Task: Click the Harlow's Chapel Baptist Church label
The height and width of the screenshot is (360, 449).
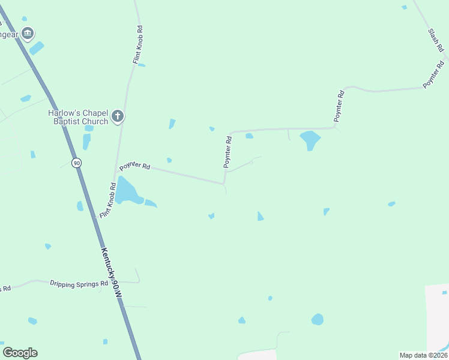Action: pos(78,117)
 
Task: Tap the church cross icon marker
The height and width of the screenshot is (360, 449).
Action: pos(118,116)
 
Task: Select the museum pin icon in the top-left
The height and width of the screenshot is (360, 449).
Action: pos(26,33)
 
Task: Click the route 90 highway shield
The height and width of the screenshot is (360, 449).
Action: pos(76,163)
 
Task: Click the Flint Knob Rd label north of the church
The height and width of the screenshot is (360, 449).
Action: pos(138,45)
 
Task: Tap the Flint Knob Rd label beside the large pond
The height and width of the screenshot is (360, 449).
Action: pos(107,200)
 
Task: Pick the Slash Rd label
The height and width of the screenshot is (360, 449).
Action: pos(435,41)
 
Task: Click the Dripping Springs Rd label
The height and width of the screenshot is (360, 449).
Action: pos(79,283)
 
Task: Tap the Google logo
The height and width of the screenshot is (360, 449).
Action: pos(20,353)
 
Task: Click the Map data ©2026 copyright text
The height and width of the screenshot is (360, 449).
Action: pos(423,355)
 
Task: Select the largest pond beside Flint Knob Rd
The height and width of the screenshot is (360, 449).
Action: pos(126,191)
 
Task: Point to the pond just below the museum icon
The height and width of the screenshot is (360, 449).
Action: pos(37,47)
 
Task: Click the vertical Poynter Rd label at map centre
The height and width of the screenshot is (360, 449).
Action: pos(228,152)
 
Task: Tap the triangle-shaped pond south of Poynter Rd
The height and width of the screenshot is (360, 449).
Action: pos(260,216)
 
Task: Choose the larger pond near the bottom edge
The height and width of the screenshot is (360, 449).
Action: pos(318,319)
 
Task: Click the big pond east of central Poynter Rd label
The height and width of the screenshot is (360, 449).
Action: pos(310,140)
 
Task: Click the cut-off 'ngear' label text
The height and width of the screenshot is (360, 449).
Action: pos(8,34)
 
